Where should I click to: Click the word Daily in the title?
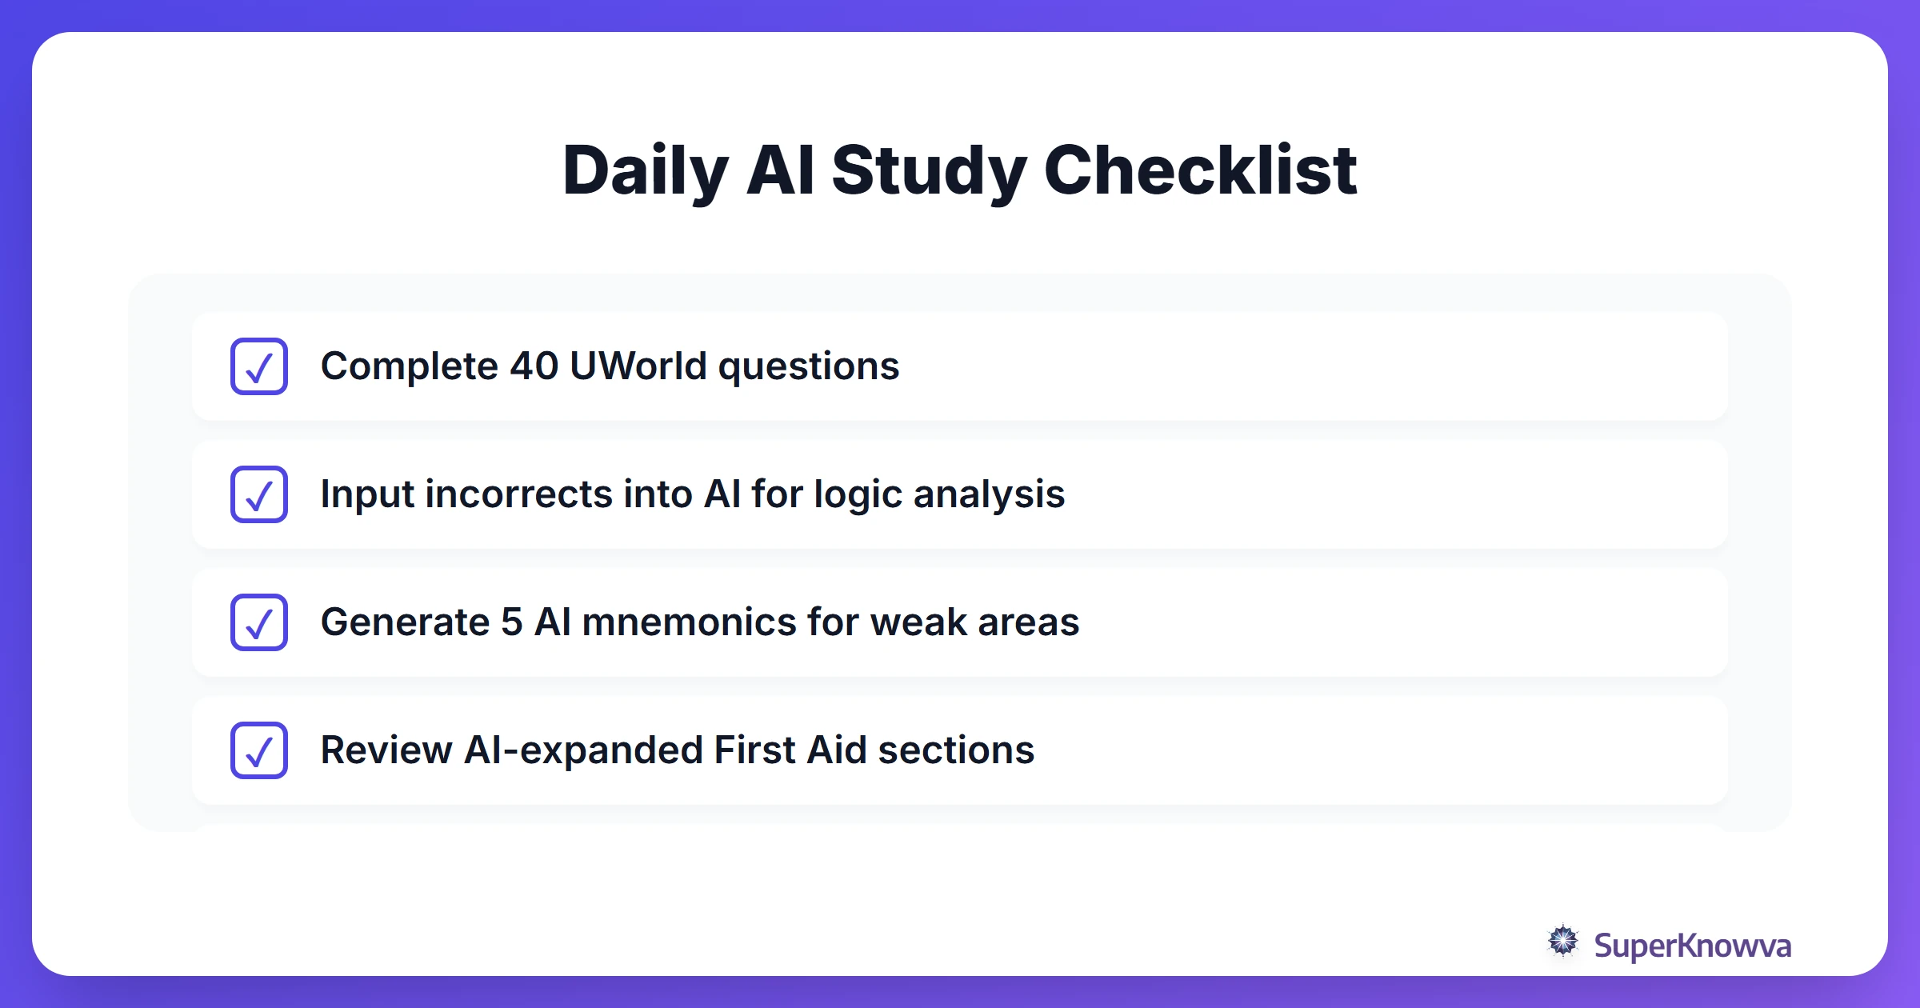coord(645,170)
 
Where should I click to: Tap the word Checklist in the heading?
coord(1200,170)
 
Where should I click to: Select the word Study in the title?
coord(928,170)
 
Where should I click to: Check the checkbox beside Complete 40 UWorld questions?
coord(259,366)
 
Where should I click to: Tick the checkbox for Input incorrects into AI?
coord(259,494)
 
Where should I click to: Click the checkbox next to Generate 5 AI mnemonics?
coord(259,622)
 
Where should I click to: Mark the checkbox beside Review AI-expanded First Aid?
coord(259,750)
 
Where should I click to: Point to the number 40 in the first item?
coord(534,366)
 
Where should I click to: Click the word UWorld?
coord(638,366)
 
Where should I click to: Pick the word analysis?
coord(989,494)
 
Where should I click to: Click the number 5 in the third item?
coord(512,622)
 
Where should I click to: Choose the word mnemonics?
coord(689,622)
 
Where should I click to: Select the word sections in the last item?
coord(956,750)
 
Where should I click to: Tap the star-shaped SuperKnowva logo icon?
coord(1563,941)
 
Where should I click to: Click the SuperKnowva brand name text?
coord(1692,946)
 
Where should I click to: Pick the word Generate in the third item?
coord(405,622)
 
